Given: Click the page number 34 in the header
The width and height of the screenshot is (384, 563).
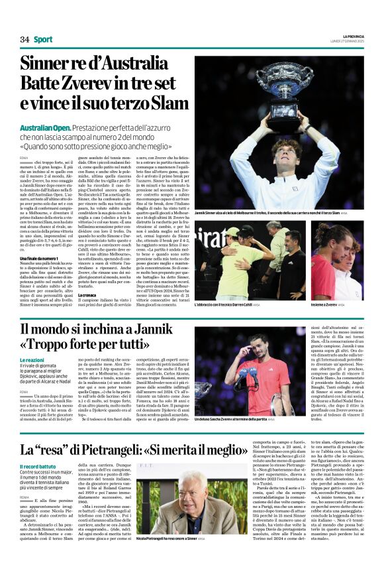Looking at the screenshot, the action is [24, 40].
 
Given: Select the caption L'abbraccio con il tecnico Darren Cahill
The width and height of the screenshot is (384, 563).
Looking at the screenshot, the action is [224, 304].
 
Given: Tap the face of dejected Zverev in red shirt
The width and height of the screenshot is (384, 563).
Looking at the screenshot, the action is [262, 350].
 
